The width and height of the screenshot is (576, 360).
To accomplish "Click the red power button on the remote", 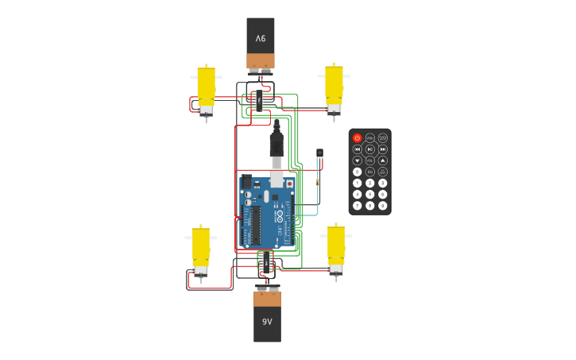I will [x=358, y=137].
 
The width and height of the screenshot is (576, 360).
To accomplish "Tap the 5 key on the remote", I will [x=370, y=194].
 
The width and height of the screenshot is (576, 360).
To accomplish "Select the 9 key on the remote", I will [x=383, y=205].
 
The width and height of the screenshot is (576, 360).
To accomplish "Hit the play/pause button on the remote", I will [x=370, y=149].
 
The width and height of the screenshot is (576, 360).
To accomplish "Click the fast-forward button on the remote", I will [x=383, y=149].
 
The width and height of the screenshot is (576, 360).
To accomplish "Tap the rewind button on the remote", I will [x=358, y=149].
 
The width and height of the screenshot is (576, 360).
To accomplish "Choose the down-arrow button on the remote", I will [x=358, y=160].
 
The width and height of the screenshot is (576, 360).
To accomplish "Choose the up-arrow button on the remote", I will [x=383, y=160].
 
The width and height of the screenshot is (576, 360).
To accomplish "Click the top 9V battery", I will [x=261, y=44].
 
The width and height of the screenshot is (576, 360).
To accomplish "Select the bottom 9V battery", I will [x=267, y=315].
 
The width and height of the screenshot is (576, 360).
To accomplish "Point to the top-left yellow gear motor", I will [x=206, y=90].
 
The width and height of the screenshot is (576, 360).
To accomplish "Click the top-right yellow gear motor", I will [x=334, y=88].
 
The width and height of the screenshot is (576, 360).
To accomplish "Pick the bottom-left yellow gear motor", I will [x=200, y=250].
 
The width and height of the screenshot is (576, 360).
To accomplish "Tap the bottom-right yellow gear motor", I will [x=336, y=249].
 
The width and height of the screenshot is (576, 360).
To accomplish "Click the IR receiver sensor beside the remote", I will [x=319, y=153].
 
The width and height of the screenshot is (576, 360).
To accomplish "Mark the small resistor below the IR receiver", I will [x=317, y=182].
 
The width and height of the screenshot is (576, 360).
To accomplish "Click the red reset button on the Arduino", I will [x=289, y=184].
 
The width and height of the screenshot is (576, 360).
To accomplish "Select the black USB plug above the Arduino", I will [x=276, y=145].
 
